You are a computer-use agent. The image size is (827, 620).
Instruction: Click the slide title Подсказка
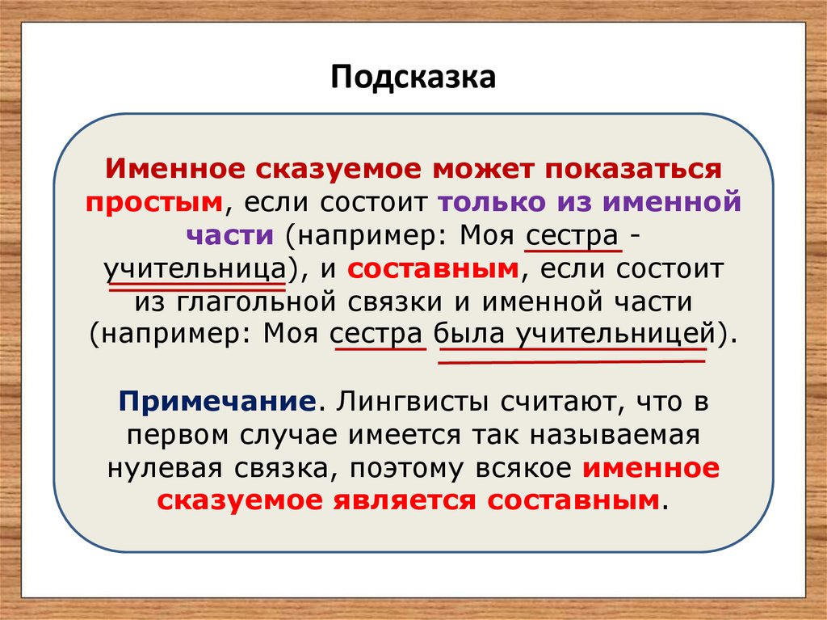point(412,78)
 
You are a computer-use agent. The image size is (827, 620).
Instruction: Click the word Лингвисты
point(408,400)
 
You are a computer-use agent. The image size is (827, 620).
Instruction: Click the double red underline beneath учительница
point(195,285)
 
